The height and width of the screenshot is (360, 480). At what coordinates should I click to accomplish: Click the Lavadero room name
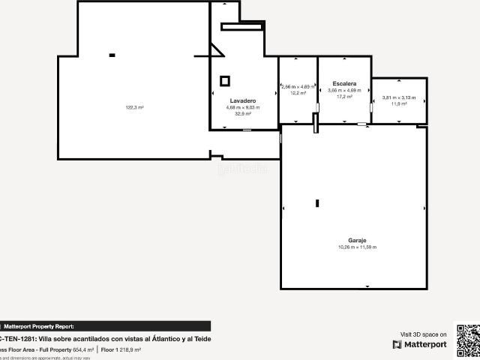(243, 100)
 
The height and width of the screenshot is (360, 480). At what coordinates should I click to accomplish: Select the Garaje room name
(356, 241)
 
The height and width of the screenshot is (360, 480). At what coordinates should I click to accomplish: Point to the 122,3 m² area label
(134, 107)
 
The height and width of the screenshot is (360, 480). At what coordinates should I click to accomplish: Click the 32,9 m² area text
(243, 114)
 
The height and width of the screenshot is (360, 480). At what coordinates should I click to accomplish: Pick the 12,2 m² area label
(298, 93)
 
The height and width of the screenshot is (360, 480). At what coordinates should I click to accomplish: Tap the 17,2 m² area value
(344, 96)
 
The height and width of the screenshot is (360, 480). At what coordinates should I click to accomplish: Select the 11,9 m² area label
(399, 103)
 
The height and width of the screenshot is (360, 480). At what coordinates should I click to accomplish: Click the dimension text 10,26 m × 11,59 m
(357, 247)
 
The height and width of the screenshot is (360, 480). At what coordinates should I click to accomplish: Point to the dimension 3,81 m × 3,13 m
(399, 97)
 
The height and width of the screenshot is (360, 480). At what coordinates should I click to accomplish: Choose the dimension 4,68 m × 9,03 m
(243, 107)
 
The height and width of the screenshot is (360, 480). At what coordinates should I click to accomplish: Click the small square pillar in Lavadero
(225, 80)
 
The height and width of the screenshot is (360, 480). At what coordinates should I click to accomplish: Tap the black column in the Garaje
(317, 203)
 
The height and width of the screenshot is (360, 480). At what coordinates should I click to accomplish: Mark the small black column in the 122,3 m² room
(112, 55)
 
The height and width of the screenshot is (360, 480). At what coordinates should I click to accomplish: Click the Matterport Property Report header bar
(105, 326)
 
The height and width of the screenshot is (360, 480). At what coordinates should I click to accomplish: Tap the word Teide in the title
(202, 339)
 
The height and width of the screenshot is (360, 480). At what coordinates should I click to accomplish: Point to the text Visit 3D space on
(424, 334)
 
